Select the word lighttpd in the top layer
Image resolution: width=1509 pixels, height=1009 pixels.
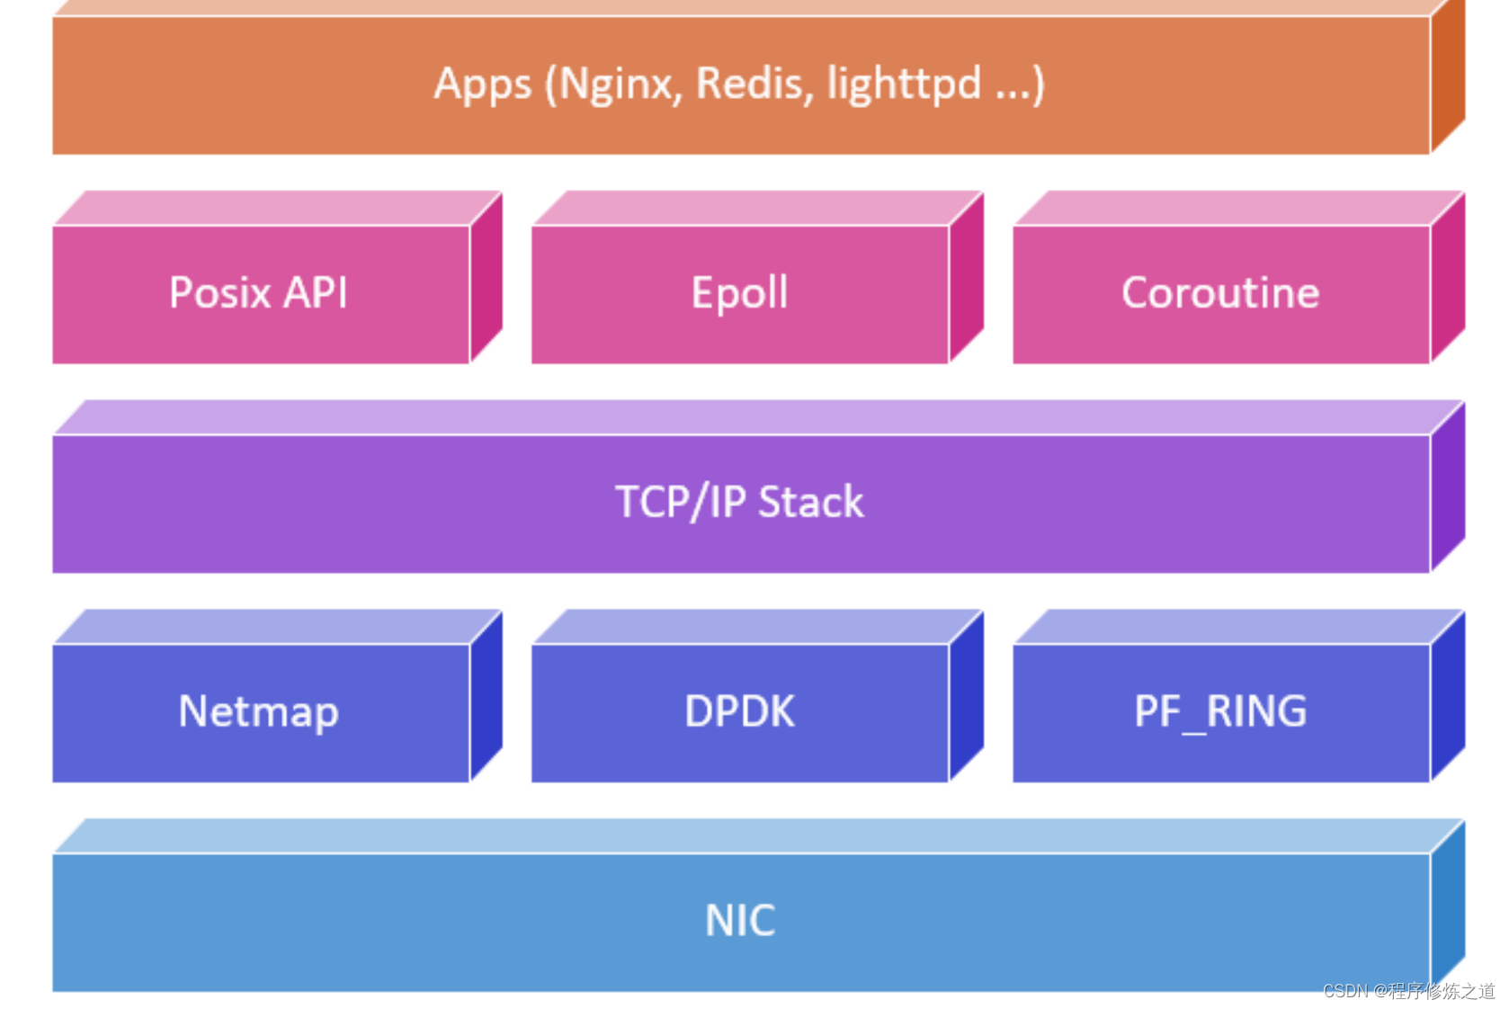pos(903,85)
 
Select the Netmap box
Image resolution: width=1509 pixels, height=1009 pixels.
pos(260,712)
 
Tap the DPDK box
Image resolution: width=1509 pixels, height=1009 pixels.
pos(739,712)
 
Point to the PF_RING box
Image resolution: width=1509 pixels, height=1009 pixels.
pos(1220,712)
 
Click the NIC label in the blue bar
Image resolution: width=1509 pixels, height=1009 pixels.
pos(739,921)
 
